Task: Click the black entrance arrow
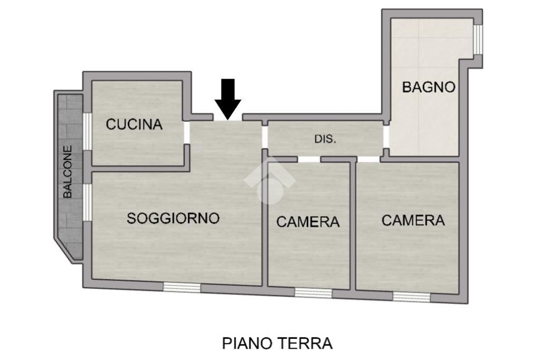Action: pos(228,99)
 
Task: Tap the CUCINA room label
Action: pos(134,124)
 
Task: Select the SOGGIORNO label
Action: pos(173,218)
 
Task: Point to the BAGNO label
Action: pos(429,87)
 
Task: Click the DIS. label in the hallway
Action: pos(325,139)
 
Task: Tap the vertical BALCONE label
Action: pos(68,172)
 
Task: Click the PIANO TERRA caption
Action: pos(277,343)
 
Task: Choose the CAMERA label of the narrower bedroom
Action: pos(308,222)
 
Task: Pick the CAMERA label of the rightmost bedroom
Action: pos(413,220)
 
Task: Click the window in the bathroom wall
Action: pos(477,39)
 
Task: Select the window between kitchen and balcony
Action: pos(88,131)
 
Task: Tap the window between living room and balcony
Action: pos(88,202)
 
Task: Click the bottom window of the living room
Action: pos(182,287)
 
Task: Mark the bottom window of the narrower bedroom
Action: pos(313,293)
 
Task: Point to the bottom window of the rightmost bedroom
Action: pos(412,297)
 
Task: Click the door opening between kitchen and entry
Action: pos(187,132)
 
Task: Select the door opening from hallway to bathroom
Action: pos(387,137)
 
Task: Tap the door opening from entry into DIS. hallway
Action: pos(265,137)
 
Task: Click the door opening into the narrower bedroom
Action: pos(309,159)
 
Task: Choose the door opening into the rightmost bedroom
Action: pos(369,159)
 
